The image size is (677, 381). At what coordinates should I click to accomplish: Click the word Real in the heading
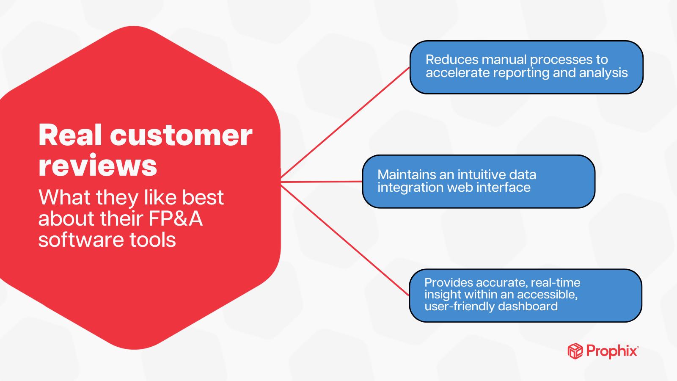70,135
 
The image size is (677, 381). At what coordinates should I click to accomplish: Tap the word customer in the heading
181,136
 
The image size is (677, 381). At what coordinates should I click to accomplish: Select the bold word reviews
98,166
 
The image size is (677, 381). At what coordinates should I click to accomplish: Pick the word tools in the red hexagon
153,240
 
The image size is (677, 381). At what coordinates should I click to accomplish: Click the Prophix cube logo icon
575,351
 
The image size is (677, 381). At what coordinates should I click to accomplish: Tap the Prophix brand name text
612,351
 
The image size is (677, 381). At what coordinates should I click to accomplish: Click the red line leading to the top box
345,123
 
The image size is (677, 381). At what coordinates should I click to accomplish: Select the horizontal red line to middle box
322,182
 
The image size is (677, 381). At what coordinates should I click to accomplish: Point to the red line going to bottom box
345,239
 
